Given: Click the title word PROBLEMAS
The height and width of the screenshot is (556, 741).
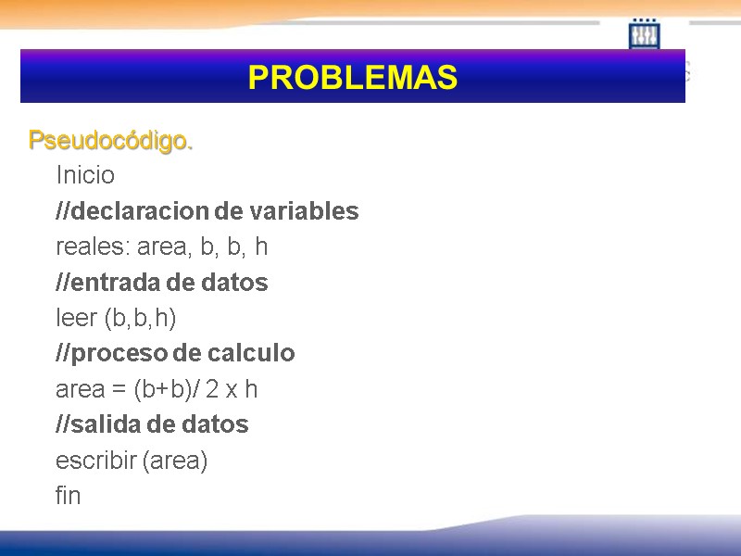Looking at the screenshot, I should [x=353, y=78].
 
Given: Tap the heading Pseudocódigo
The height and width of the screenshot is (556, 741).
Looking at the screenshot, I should [x=110, y=141].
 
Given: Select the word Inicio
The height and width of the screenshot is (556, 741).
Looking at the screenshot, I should [x=85, y=175].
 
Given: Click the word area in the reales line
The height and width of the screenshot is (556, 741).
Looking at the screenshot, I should [x=164, y=247].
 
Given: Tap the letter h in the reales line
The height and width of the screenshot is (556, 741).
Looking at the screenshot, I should [x=262, y=247].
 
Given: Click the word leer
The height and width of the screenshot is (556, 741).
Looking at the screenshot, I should [x=76, y=319].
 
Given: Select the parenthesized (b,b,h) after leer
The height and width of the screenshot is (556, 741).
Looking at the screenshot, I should [x=140, y=319].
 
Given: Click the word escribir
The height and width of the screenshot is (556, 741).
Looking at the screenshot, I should [x=95, y=461].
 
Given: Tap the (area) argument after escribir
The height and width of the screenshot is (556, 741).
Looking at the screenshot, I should [x=175, y=461].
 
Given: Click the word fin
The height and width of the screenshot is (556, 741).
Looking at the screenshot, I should [x=69, y=496].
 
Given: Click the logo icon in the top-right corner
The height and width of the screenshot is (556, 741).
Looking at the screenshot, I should [x=644, y=34].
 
